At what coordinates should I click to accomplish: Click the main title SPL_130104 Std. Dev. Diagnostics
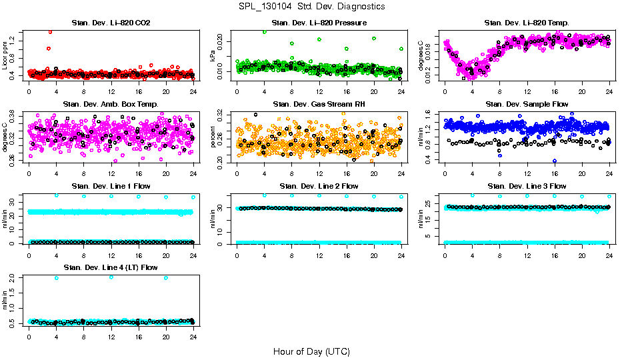tap(311, 6)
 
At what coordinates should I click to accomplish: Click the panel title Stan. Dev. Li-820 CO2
tap(111, 23)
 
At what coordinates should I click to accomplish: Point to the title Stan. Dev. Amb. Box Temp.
tap(111, 104)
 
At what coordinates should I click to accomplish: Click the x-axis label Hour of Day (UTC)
tap(311, 351)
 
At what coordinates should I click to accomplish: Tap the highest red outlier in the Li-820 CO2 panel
tap(50, 31)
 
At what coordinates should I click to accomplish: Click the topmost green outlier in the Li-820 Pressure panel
tap(265, 31)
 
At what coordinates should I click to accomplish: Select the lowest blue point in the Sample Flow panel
tap(555, 161)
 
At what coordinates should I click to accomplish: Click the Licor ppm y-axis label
tap(5, 56)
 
